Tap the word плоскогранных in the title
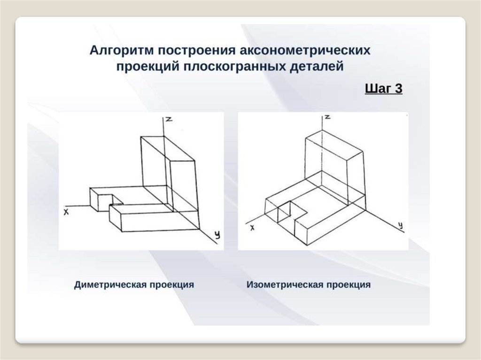(232, 66)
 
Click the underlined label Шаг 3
(383, 88)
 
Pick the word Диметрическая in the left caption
(109, 285)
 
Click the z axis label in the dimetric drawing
(169, 119)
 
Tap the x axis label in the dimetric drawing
(66, 212)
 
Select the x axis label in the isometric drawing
(252, 228)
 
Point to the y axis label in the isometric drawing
(400, 226)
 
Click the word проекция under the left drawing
(171, 285)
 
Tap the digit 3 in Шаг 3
(398, 88)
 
